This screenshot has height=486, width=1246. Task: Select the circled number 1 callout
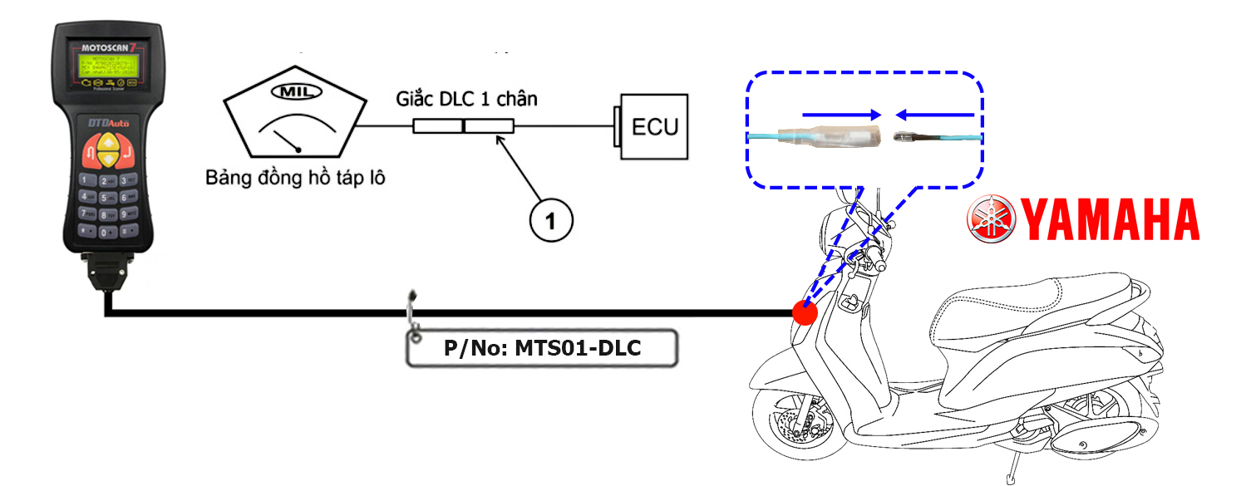[550, 220]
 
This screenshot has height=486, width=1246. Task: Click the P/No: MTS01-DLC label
[541, 348]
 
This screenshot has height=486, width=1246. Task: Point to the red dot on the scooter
[805, 313]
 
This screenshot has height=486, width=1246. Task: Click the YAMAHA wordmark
[1110, 220]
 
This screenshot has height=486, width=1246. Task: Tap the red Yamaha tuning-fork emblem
[991, 219]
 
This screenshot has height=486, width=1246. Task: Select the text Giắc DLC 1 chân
[466, 100]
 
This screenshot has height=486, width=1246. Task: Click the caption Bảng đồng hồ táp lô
[296, 178]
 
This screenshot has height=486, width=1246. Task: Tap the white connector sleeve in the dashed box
[835, 137]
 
